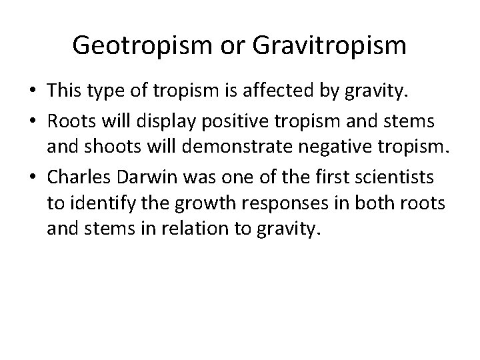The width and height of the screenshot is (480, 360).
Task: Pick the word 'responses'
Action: point(249,204)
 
